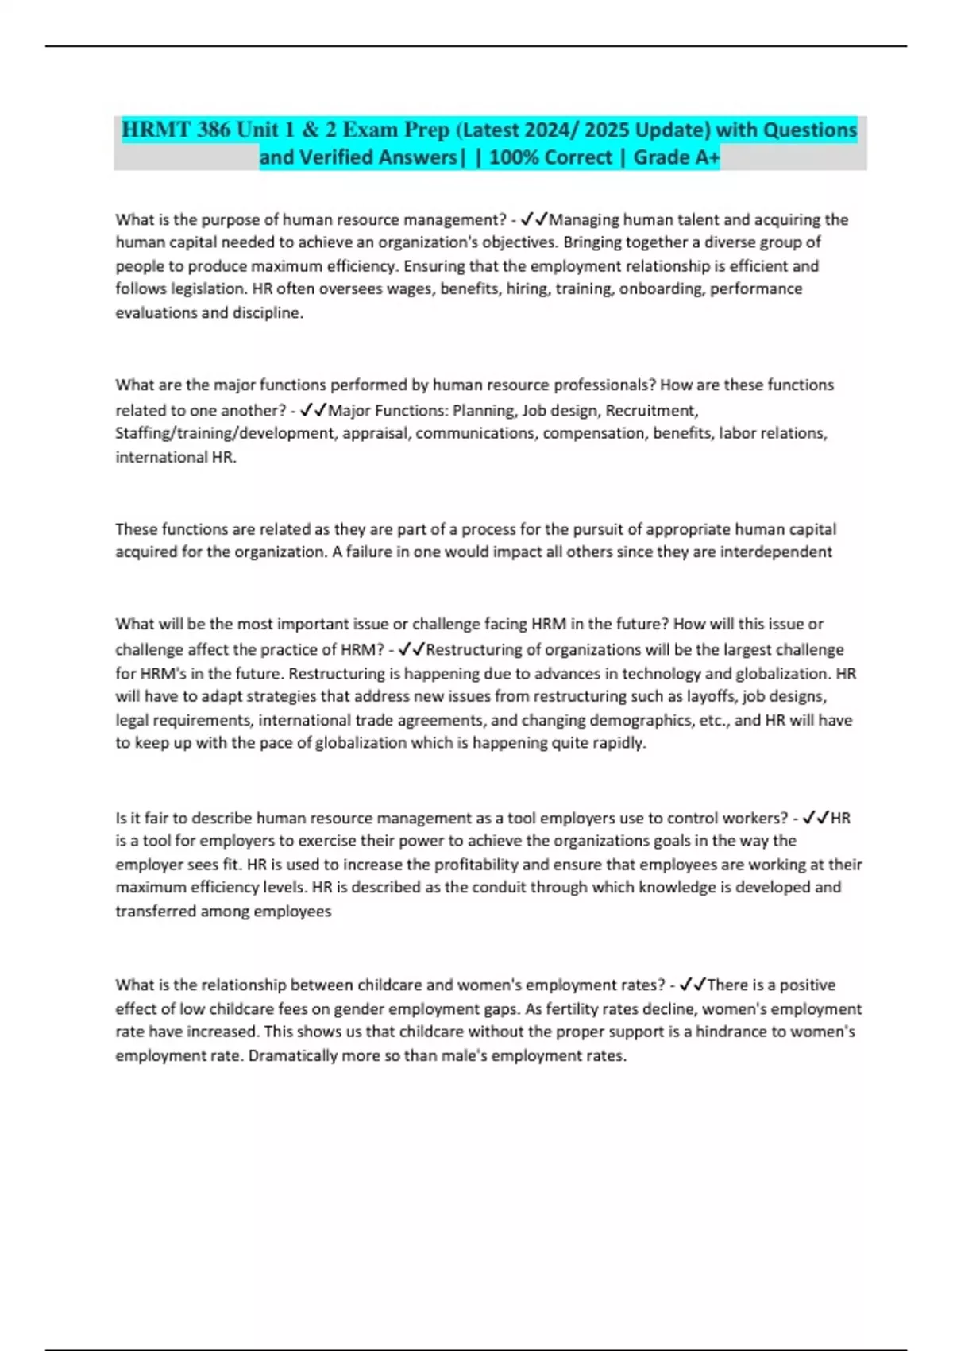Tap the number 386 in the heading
pyautogui.click(x=213, y=130)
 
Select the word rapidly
pyautogui.click(x=617, y=743)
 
